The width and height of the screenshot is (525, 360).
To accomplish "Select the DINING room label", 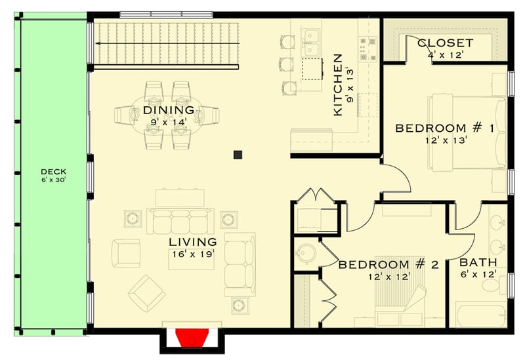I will [169, 110].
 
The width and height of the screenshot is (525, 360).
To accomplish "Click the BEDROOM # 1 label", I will [444, 128].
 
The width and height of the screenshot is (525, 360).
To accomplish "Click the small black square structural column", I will [238, 155].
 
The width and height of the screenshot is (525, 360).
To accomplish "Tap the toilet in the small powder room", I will [304, 253].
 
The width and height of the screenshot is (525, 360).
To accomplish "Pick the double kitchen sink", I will [310, 40].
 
